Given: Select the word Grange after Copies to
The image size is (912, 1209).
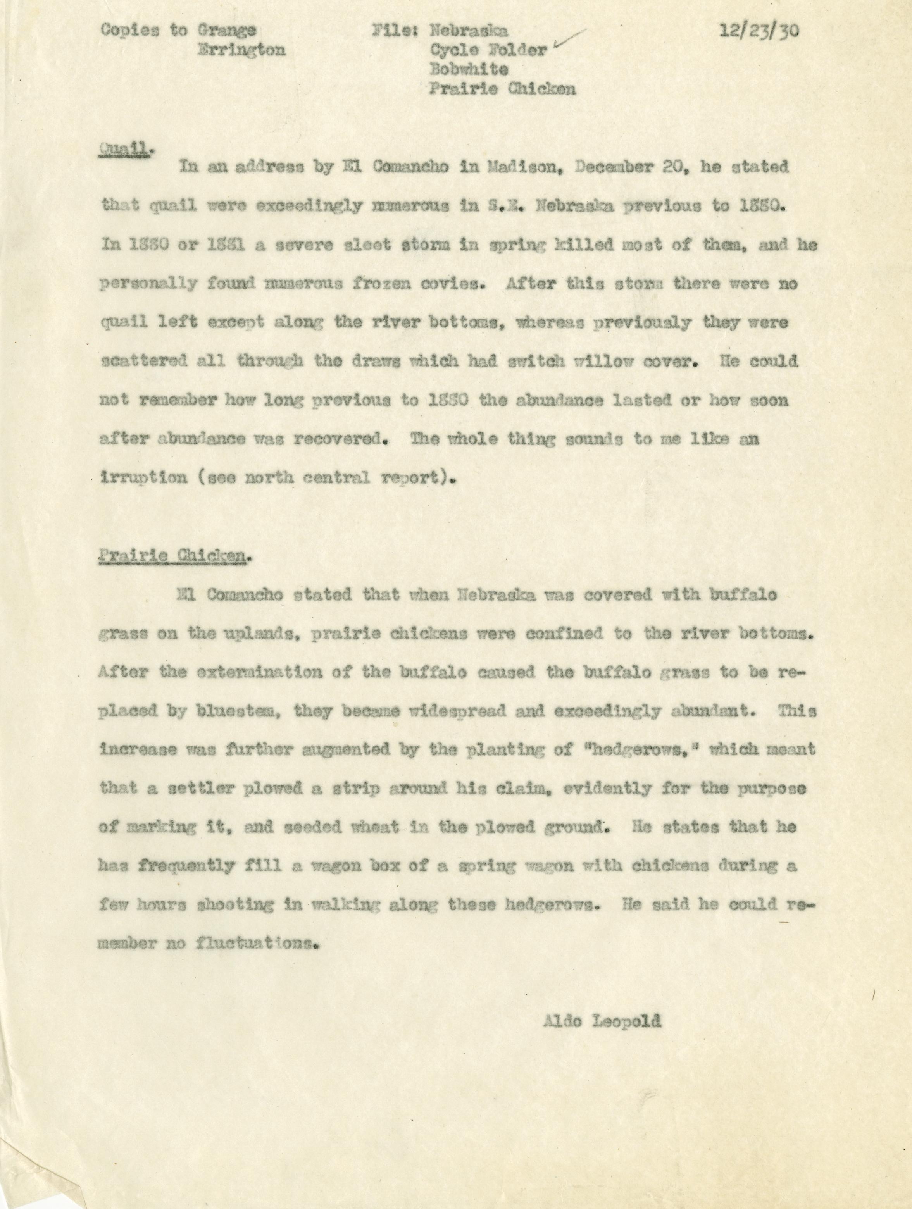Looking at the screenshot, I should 225,31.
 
